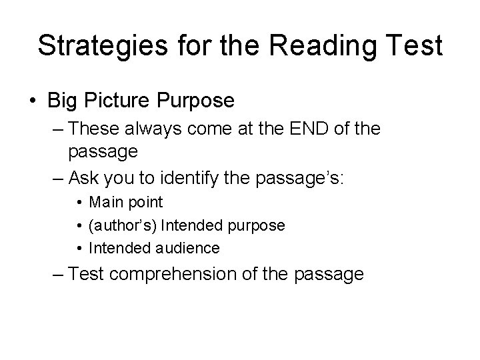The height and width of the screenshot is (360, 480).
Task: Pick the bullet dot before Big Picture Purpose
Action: point(33,101)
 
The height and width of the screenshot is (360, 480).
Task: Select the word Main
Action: point(106,202)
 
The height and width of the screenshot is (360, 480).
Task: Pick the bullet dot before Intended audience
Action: point(80,249)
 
